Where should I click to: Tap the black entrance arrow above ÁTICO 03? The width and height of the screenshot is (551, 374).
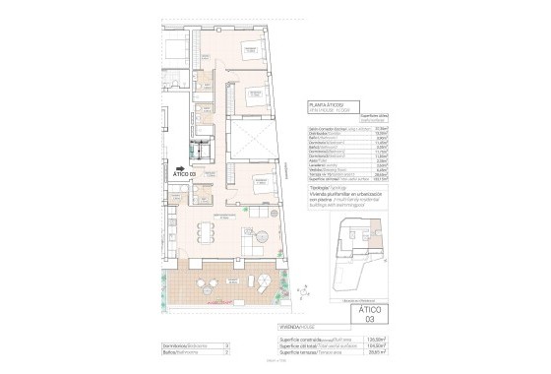[x=180, y=167]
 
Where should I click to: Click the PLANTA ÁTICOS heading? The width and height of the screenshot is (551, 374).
[x=328, y=103]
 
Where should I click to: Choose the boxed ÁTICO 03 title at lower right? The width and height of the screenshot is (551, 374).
[x=364, y=314]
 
